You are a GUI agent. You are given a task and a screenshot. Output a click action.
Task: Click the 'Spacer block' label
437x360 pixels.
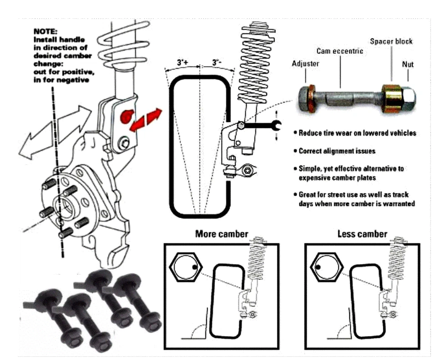(x=391, y=41)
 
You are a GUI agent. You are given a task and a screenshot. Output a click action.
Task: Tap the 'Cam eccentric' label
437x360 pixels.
(x=340, y=51)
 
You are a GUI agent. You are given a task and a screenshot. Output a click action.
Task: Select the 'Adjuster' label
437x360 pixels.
(x=305, y=64)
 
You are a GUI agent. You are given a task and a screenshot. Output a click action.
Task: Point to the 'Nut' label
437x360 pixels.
(x=408, y=64)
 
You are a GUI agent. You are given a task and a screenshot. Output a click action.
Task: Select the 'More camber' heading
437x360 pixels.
(x=222, y=234)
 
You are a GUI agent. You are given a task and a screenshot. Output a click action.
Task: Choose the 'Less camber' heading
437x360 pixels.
(x=362, y=234)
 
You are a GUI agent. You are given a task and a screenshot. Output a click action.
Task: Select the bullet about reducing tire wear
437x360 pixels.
(x=357, y=133)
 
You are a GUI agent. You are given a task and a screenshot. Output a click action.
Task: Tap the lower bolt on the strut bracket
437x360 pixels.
(x=123, y=145)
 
